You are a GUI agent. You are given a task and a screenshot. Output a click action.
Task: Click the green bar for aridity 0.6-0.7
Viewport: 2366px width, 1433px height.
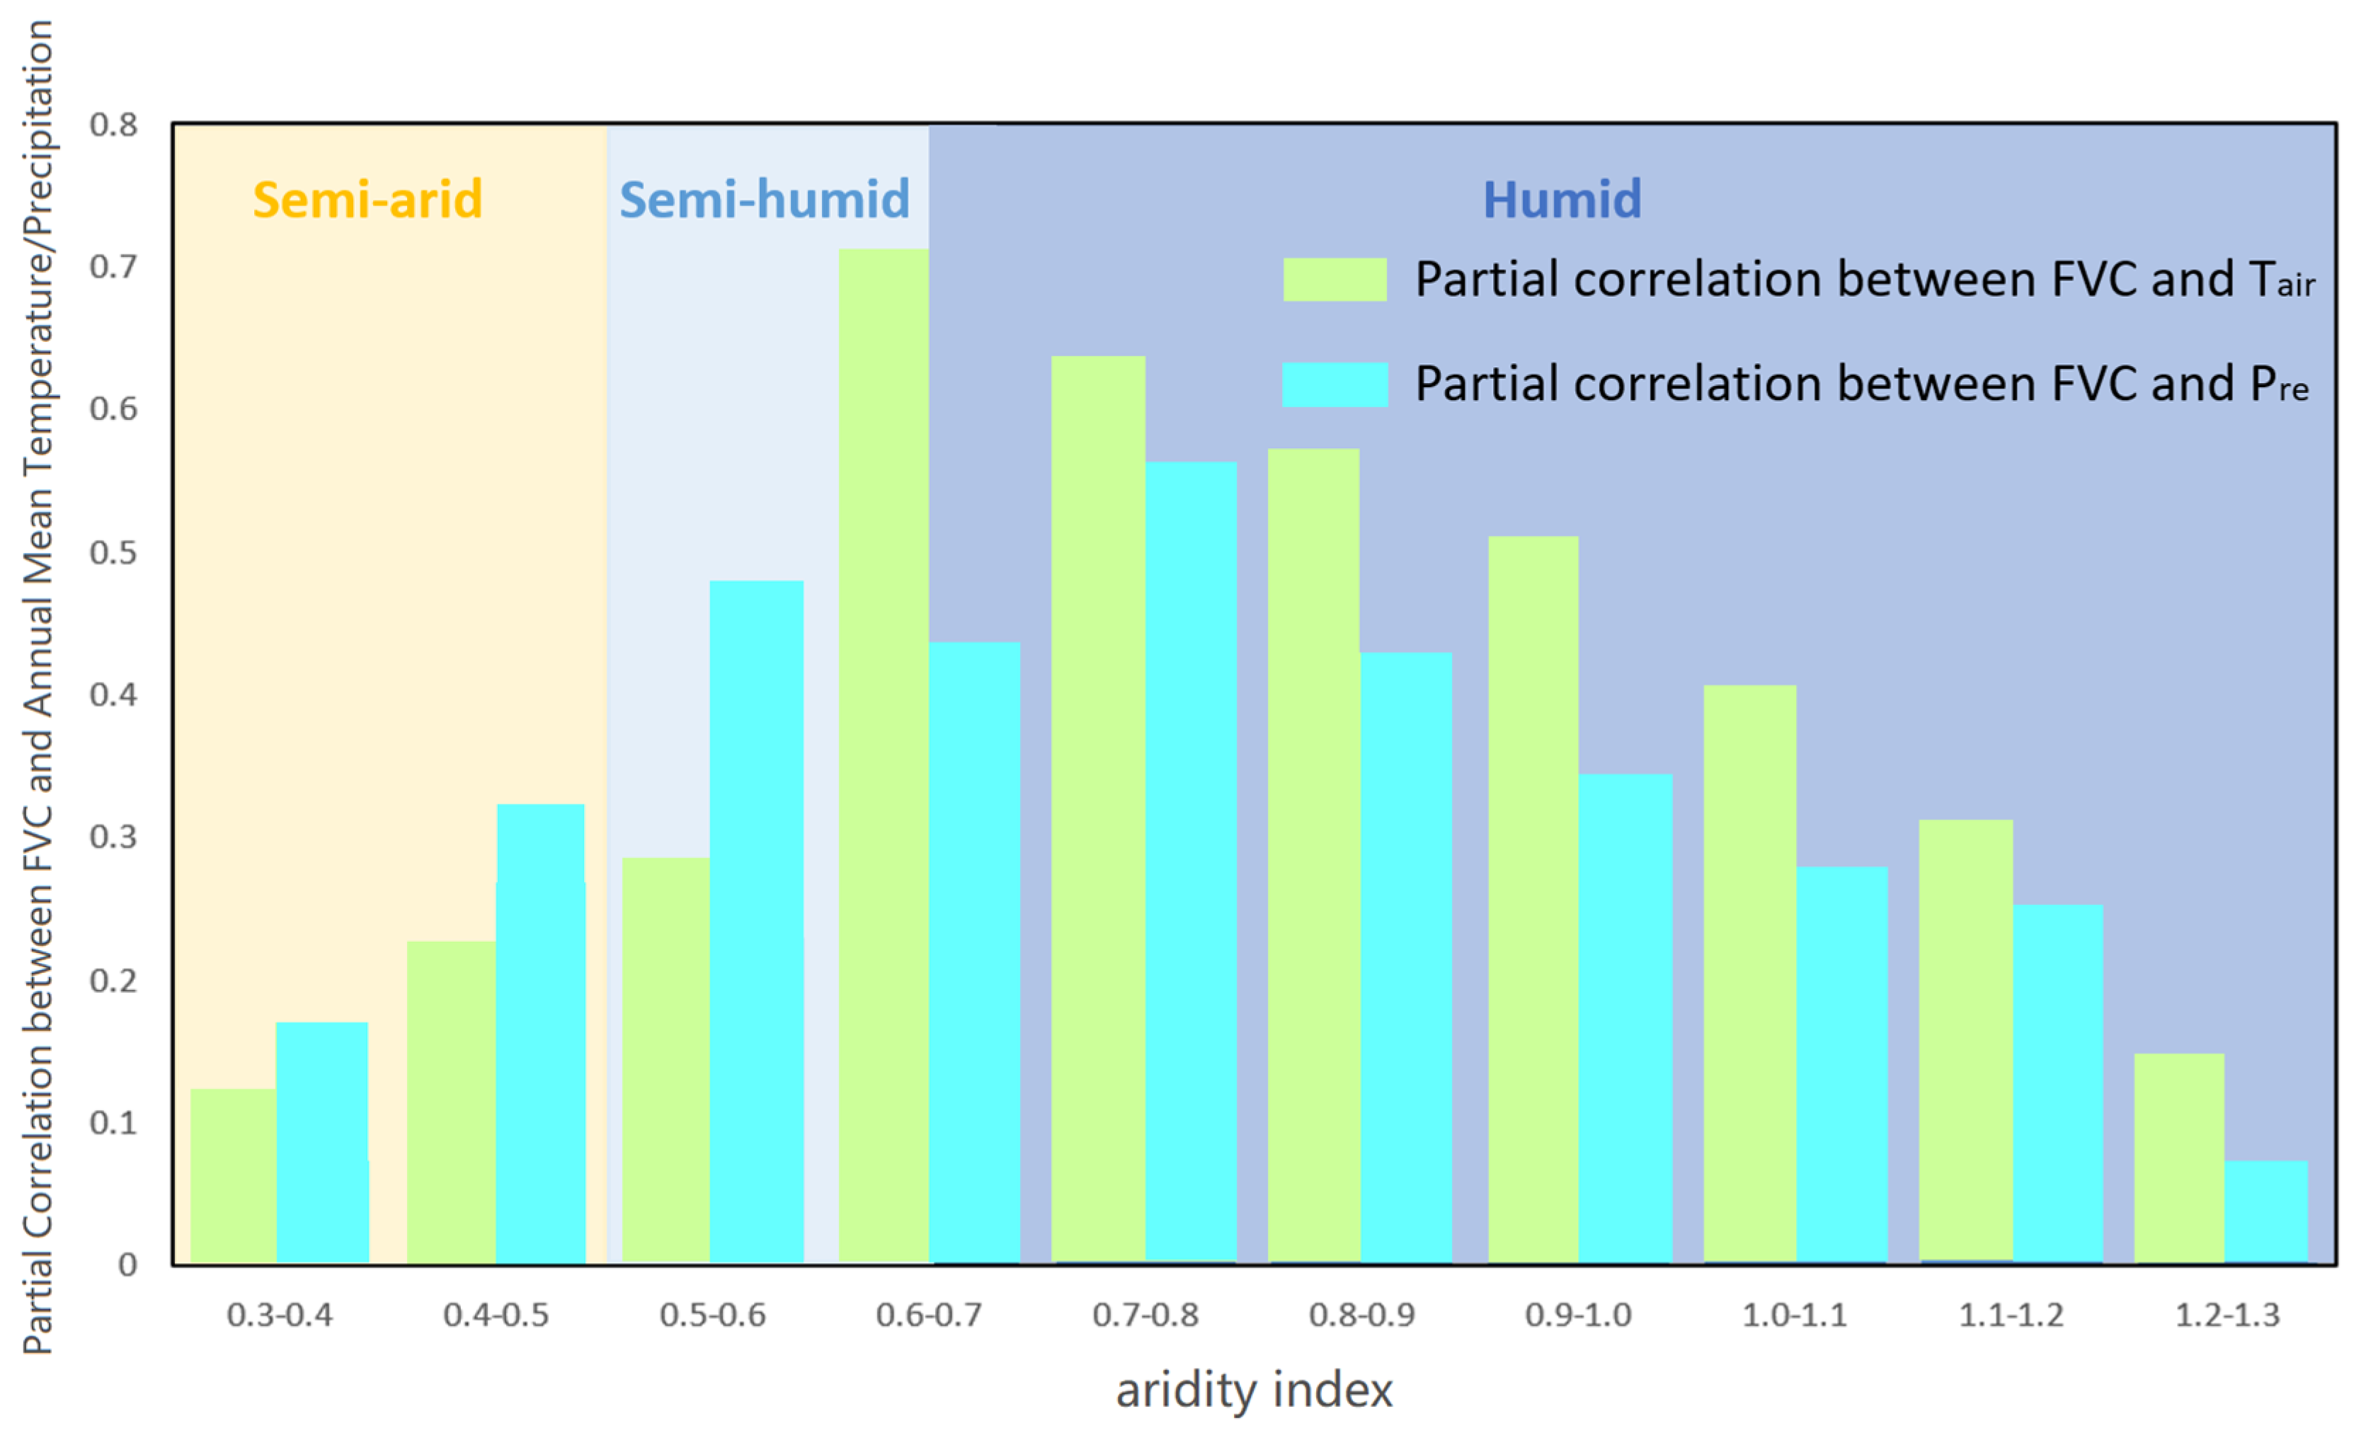[884, 756]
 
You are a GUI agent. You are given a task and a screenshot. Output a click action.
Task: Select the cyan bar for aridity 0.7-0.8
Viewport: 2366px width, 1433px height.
[1191, 862]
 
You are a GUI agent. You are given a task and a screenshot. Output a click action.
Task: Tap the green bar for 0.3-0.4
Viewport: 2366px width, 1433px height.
[234, 1175]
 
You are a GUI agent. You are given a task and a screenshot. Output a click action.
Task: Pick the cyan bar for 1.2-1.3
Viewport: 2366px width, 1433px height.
[2266, 1212]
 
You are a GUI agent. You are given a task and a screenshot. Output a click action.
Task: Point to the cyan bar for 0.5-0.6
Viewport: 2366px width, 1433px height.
[757, 922]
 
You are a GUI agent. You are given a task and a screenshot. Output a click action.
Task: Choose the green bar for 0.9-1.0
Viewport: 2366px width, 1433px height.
[1533, 900]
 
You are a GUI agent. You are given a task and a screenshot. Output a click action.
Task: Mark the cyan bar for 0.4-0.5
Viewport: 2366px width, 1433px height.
[541, 1034]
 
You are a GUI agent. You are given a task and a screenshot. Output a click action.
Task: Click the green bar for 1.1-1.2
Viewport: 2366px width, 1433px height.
[1965, 1041]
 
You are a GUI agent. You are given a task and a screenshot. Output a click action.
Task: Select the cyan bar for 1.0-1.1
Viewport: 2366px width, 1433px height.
[1841, 1065]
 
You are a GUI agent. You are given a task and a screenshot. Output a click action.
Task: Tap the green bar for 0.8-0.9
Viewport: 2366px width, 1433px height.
[1313, 856]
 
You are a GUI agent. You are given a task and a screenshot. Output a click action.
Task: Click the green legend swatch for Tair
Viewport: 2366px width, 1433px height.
[1335, 280]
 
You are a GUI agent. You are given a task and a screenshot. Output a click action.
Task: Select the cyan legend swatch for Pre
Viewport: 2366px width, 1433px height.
[1335, 384]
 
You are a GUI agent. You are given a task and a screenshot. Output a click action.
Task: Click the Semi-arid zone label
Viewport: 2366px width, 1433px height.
[367, 200]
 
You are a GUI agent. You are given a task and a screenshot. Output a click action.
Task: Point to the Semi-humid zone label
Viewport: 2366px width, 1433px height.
[765, 200]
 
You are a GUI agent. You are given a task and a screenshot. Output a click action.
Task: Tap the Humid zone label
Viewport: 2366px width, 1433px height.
[1562, 200]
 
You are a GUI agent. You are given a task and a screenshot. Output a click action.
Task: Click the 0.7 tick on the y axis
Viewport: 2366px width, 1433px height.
[113, 266]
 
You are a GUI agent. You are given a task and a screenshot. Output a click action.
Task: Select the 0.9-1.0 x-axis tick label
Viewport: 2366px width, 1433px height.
[1579, 1315]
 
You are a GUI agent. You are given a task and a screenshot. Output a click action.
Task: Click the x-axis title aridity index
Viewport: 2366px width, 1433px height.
[1254, 1391]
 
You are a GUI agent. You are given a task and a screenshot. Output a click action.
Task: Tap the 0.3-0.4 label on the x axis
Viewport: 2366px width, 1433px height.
[280, 1315]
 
